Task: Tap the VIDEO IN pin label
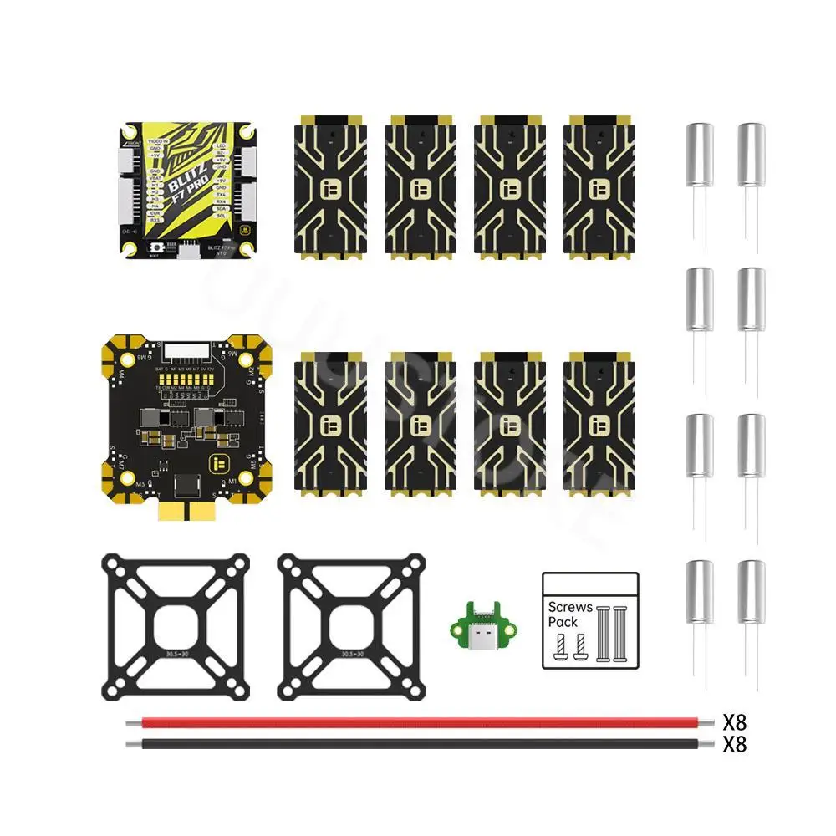click(155, 142)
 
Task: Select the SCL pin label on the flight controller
click(222, 216)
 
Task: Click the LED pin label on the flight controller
click(221, 147)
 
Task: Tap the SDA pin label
click(222, 208)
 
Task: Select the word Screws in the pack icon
click(570, 607)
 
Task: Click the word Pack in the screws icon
click(563, 622)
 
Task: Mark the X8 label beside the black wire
click(734, 744)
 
